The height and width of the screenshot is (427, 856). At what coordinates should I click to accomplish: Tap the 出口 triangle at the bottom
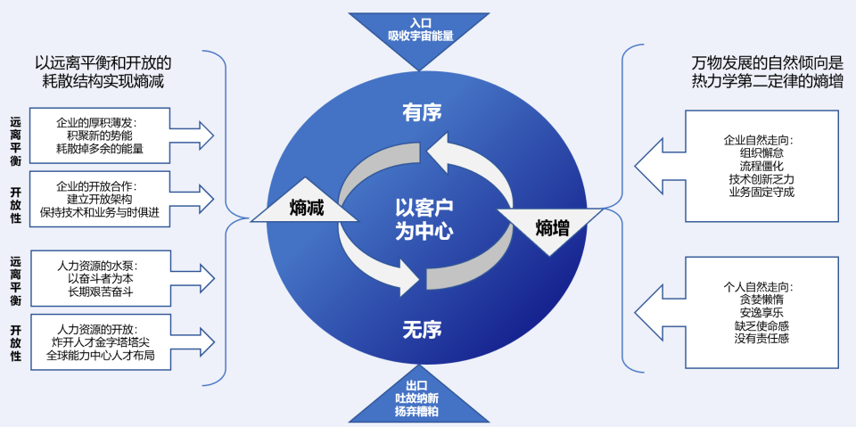(417, 400)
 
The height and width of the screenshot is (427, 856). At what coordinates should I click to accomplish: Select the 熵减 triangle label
(305, 208)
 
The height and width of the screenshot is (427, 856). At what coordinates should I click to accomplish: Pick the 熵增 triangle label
(552, 227)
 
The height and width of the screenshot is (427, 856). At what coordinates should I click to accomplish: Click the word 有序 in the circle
(422, 112)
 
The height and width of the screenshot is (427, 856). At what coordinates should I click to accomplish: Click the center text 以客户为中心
(424, 220)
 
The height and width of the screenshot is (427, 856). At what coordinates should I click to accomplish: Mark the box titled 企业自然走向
(761, 165)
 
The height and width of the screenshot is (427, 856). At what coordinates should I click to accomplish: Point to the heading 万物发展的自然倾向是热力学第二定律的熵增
(767, 72)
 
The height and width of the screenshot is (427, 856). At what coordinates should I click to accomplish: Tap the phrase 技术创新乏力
(761, 178)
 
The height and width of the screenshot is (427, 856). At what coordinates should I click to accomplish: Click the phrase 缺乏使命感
(761, 325)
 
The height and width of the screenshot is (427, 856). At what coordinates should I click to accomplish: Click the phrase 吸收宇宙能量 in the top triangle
(420, 37)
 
